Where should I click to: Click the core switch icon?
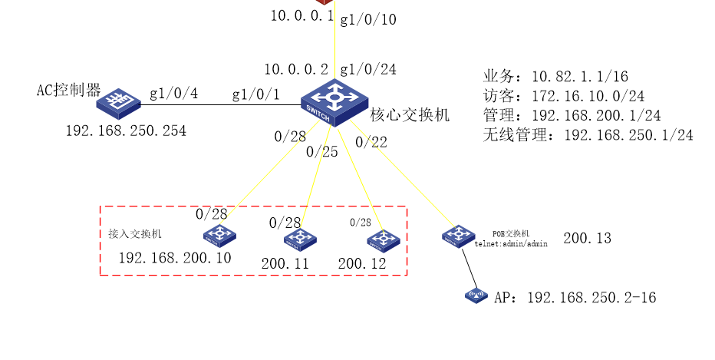334,103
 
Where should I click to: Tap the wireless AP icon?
476,296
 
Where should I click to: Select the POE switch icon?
458,236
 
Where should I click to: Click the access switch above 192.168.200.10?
219,236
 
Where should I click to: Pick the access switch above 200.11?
300,239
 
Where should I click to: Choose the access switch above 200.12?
384,240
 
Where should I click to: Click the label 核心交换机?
410,114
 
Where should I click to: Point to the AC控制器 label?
68,90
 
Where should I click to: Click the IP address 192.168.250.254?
126,131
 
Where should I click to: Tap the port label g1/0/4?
173,94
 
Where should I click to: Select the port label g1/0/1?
255,94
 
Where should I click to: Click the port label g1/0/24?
368,69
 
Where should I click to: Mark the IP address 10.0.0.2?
296,69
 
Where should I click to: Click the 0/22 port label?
371,142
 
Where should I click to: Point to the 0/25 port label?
322,151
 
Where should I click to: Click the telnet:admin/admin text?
511,243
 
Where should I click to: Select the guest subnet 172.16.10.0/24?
588,96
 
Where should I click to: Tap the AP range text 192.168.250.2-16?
591,298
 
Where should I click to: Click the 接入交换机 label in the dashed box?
135,233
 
